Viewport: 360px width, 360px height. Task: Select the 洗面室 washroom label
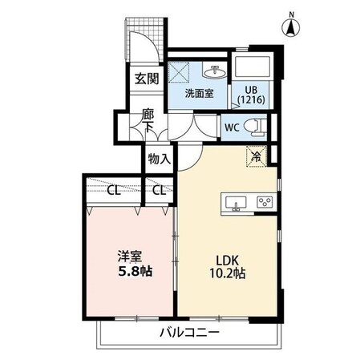tap(198, 94)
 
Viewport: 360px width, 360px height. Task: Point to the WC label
tap(231, 127)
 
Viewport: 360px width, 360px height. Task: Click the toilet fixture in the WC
tap(254, 126)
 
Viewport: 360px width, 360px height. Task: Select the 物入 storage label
tap(159, 159)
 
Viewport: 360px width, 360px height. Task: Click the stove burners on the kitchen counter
tap(262, 203)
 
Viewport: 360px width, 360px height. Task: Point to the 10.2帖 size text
tap(227, 273)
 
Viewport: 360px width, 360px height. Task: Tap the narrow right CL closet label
tap(160, 191)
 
